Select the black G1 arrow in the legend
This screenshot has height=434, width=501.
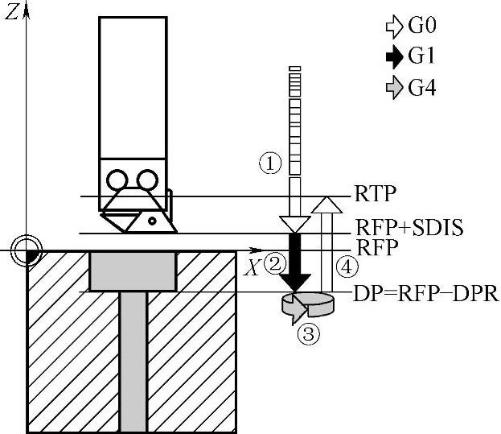pyautogui.click(x=394, y=56)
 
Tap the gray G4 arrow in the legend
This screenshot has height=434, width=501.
pyautogui.click(x=394, y=87)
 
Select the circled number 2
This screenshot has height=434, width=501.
pyautogui.click(x=276, y=263)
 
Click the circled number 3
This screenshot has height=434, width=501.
pyautogui.click(x=308, y=333)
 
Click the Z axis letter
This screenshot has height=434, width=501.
pyautogui.click(x=11, y=12)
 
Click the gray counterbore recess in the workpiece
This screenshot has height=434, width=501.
pyautogui.click(x=132, y=271)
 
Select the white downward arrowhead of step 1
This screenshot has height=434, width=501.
pyautogui.click(x=294, y=222)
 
